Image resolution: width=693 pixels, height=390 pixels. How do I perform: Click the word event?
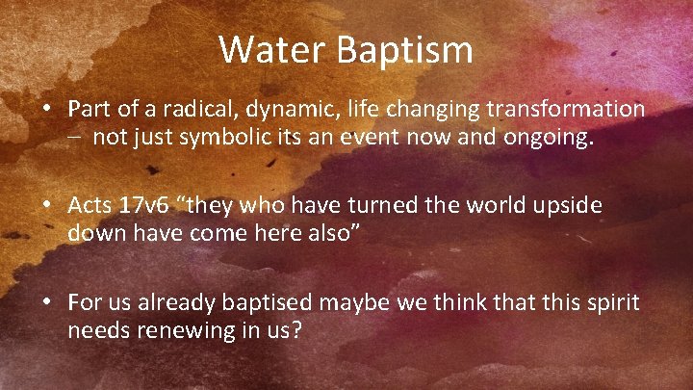(x=366, y=138)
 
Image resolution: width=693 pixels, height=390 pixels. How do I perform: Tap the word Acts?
(x=89, y=206)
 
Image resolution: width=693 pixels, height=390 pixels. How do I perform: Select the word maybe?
(x=355, y=302)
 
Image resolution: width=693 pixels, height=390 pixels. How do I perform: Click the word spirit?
(x=613, y=302)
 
